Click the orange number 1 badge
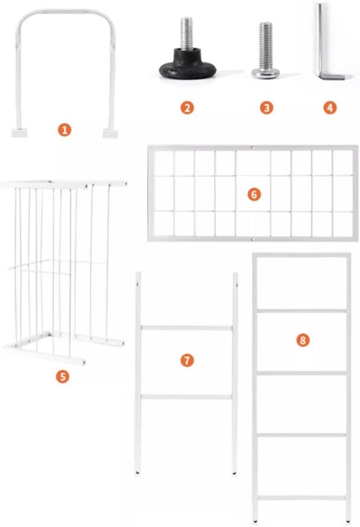click(65, 130)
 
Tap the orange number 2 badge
click(187, 108)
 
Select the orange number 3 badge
click(267, 108)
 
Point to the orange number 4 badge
click(330, 108)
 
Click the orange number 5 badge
click(62, 377)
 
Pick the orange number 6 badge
click(254, 194)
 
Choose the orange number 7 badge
click(187, 360)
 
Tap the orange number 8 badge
click(303, 340)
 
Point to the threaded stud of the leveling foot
click(187, 34)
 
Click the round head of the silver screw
click(266, 73)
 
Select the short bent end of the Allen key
click(332, 77)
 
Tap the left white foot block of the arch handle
click(19, 133)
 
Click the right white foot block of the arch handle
click(110, 133)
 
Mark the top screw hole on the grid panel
click(253, 148)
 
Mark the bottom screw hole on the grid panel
click(253, 239)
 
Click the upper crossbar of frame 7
click(187, 328)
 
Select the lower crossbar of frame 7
click(187, 397)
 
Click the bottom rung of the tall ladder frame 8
click(301, 498)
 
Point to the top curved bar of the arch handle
click(66, 12)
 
